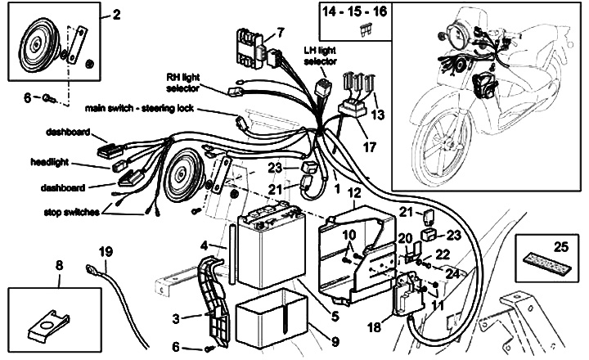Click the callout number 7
(x=280, y=33)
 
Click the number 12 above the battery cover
(x=354, y=194)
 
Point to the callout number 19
(x=106, y=251)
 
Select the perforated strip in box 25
(x=547, y=271)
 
